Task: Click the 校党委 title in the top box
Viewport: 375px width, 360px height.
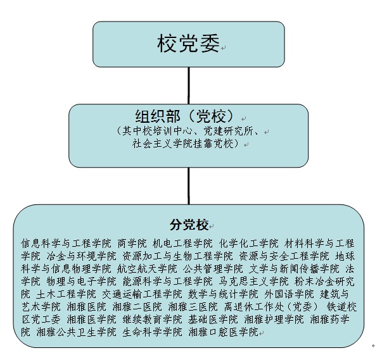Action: click(188, 44)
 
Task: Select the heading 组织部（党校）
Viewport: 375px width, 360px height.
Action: click(184, 116)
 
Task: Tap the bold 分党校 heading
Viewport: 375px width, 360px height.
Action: click(189, 225)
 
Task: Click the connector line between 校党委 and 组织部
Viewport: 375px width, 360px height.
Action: click(189, 85)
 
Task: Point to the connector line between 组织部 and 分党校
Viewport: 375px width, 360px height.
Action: click(189, 186)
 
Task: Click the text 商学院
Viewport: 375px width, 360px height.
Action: click(132, 244)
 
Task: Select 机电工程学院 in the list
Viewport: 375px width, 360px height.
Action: click(182, 244)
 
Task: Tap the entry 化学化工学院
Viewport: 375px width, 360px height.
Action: click(249, 244)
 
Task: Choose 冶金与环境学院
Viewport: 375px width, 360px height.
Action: click(81, 256)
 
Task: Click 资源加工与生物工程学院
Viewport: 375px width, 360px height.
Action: click(178, 256)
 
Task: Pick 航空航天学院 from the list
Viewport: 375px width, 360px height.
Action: click(147, 269)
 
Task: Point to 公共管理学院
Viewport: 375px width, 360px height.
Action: click(213, 269)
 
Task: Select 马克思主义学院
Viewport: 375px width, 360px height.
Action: click(254, 282)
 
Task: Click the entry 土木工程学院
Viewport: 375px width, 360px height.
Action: click(66, 294)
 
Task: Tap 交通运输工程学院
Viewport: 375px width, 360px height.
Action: click(142, 294)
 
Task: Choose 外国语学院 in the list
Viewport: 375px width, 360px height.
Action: click(289, 294)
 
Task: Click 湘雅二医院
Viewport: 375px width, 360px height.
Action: click(137, 307)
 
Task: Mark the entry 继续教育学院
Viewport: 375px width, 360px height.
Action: click(152, 320)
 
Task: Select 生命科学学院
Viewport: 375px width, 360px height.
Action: click(152, 332)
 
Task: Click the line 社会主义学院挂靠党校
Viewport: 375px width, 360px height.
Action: click(186, 144)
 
